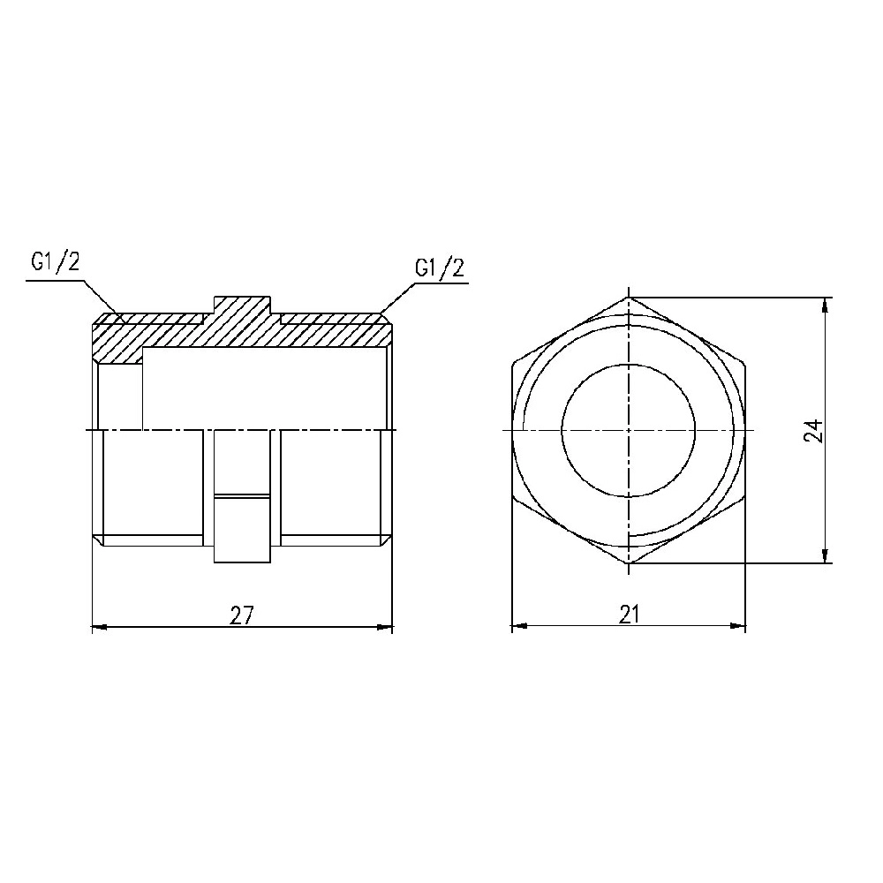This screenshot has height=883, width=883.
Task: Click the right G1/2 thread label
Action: point(439,268)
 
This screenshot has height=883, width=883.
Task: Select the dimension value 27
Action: point(242,615)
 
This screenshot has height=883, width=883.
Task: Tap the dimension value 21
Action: point(628,615)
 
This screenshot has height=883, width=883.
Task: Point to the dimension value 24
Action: point(813,430)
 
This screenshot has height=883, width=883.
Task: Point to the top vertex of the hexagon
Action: point(629,297)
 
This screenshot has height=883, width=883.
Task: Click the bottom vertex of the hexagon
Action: point(629,563)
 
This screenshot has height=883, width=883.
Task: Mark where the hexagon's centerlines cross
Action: point(629,430)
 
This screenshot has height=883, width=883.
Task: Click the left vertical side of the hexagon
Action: point(512,430)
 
